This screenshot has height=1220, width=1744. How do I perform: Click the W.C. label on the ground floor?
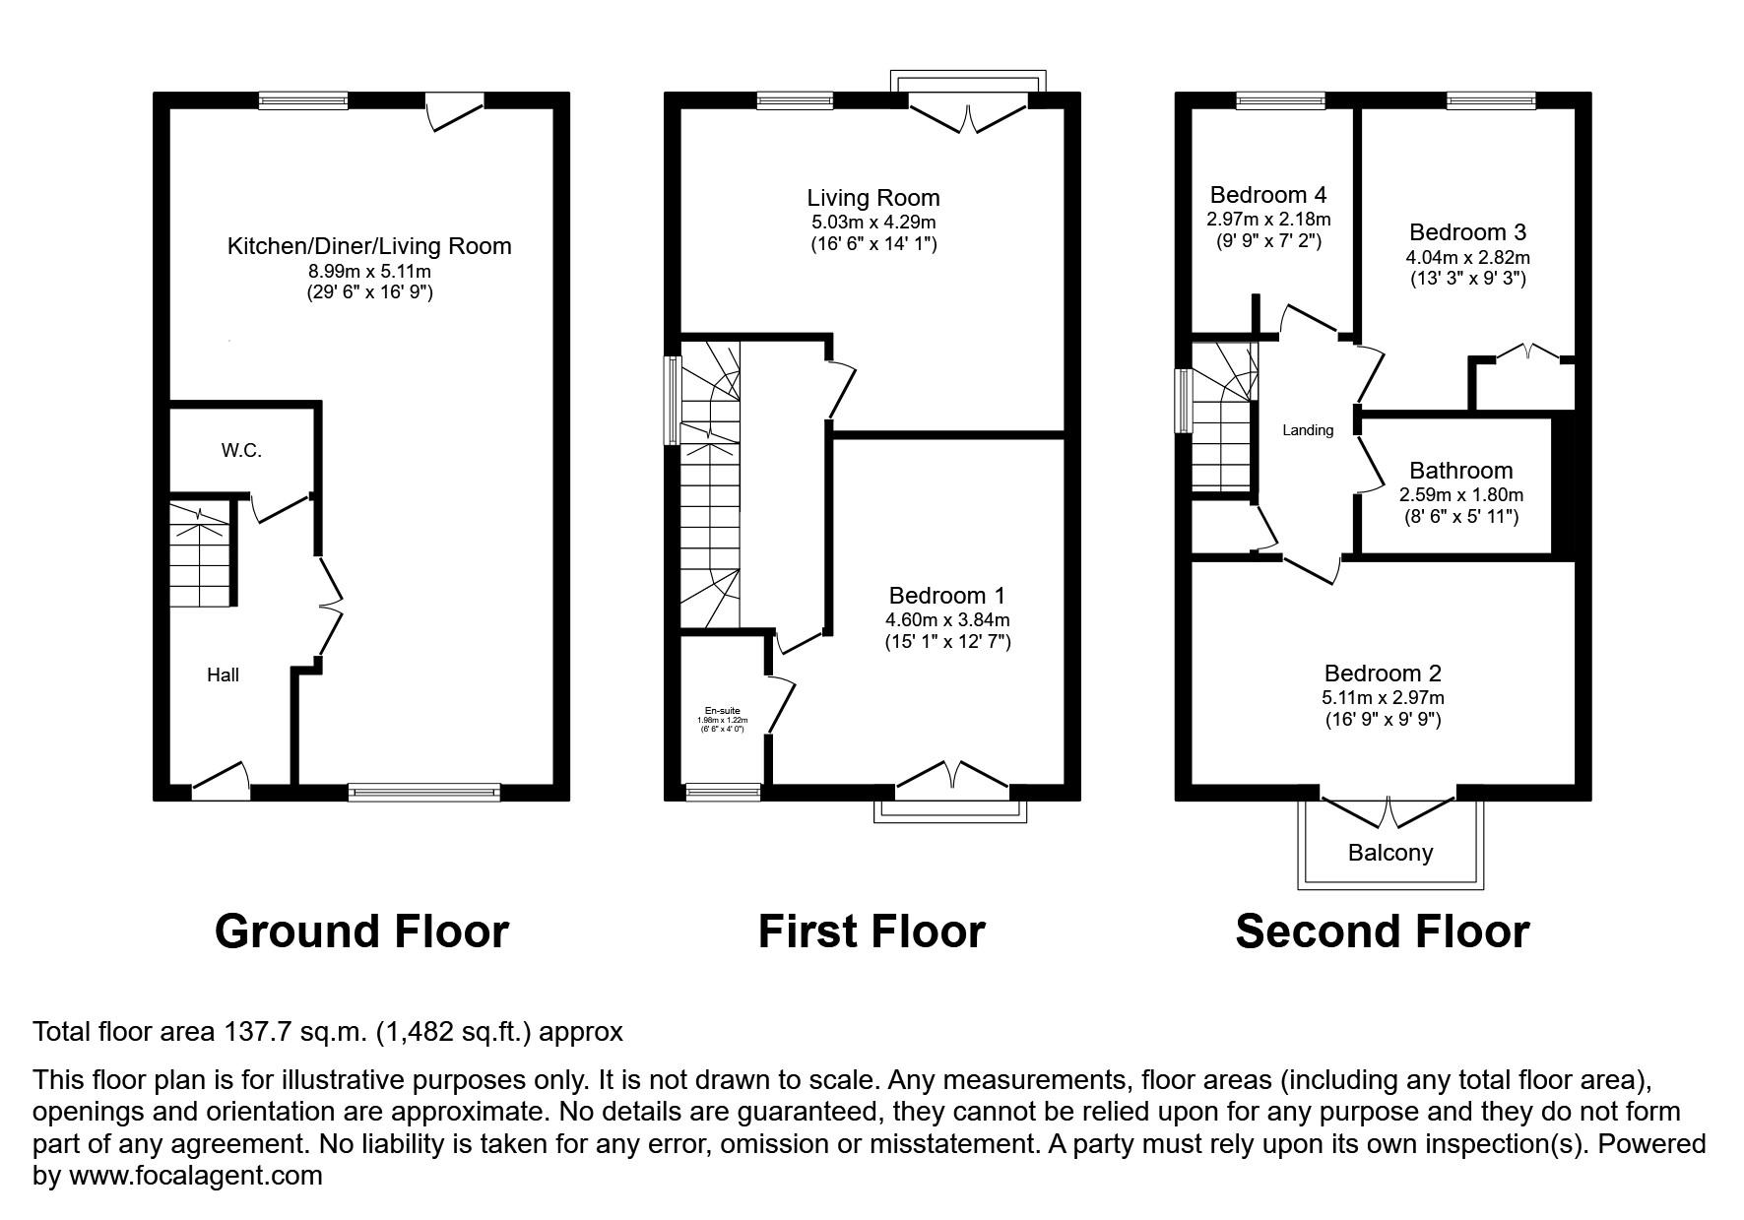click(x=241, y=451)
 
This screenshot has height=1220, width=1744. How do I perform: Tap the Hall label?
click(x=223, y=675)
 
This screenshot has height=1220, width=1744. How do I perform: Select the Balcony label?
click(x=1389, y=853)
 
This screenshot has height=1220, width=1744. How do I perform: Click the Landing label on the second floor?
click(x=1308, y=430)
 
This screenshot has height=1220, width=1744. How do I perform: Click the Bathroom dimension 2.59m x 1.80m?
click(x=1461, y=495)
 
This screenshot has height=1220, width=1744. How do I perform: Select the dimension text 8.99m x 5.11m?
click(x=369, y=271)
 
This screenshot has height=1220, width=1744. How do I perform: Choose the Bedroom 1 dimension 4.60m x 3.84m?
click(x=947, y=620)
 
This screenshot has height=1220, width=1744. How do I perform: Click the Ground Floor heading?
click(x=361, y=931)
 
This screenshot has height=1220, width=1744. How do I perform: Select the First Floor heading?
click(x=872, y=931)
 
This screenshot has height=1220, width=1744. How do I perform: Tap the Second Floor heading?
click(x=1382, y=931)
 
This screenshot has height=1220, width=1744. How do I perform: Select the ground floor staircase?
click(x=202, y=555)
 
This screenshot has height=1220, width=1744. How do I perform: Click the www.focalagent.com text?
click(x=195, y=1176)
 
